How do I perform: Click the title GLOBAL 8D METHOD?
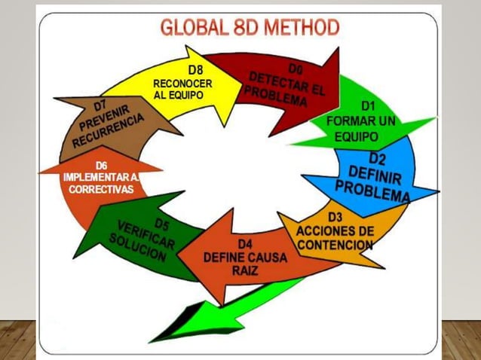[x=250, y=27]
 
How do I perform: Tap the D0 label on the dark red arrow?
[x=296, y=69]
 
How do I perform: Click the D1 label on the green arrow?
[x=368, y=106]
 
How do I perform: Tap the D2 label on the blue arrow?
[x=377, y=158]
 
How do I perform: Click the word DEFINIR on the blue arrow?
[x=375, y=175]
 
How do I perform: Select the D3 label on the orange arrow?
[x=335, y=217]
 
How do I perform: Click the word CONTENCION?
[x=335, y=245]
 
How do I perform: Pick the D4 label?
[x=245, y=245]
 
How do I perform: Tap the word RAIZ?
[x=245, y=270]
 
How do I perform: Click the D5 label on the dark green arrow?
[x=161, y=224]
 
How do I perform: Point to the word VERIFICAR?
[x=146, y=235]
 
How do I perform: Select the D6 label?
[x=101, y=166]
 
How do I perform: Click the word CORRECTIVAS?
[x=101, y=189]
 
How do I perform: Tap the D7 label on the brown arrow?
[x=100, y=106]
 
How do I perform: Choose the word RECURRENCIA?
[x=108, y=130]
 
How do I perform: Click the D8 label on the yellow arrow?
[x=195, y=70]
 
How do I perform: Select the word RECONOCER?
[x=182, y=84]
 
